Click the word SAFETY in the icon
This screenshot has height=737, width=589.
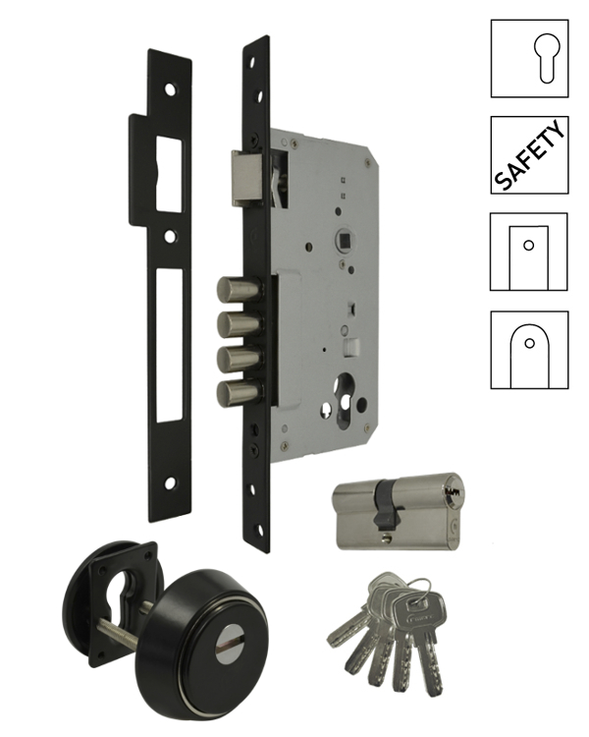click(x=529, y=154)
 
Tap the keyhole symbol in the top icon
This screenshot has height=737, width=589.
click(x=547, y=58)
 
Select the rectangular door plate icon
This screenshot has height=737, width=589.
click(x=528, y=257)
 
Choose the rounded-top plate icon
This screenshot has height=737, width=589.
click(x=529, y=356)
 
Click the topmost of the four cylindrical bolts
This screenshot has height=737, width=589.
click(x=239, y=290)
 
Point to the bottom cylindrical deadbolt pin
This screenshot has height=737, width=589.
click(x=239, y=393)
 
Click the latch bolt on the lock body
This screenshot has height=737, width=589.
click(x=246, y=178)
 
